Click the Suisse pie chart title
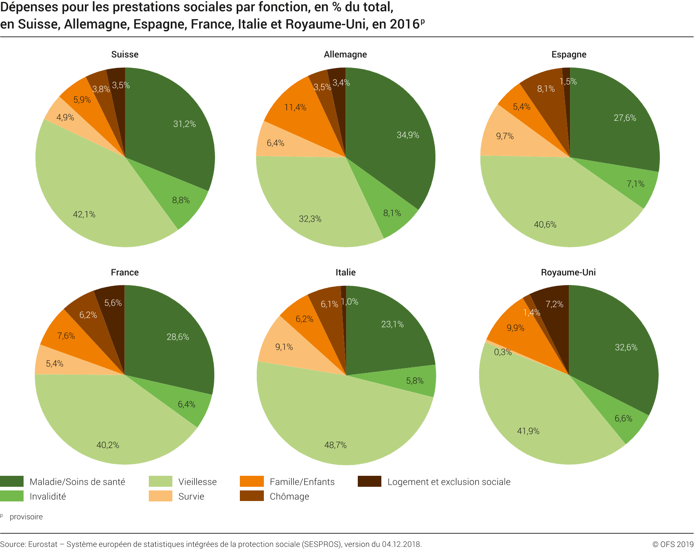tap(125, 54)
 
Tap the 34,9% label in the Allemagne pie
tap(408, 135)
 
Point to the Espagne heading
tap(569, 54)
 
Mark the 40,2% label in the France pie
tap(108, 445)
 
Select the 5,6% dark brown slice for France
tap(111, 309)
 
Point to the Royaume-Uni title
tap(568, 272)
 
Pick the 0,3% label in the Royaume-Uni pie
tap(503, 352)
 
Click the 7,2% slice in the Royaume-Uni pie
tap(553, 309)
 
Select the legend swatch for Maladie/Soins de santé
tap(12, 481)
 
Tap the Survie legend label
tap(191, 497)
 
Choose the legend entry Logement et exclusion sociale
tap(449, 482)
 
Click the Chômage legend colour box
tap(252, 496)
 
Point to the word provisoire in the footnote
tap(26, 517)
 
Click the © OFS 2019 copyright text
tap(672, 544)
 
